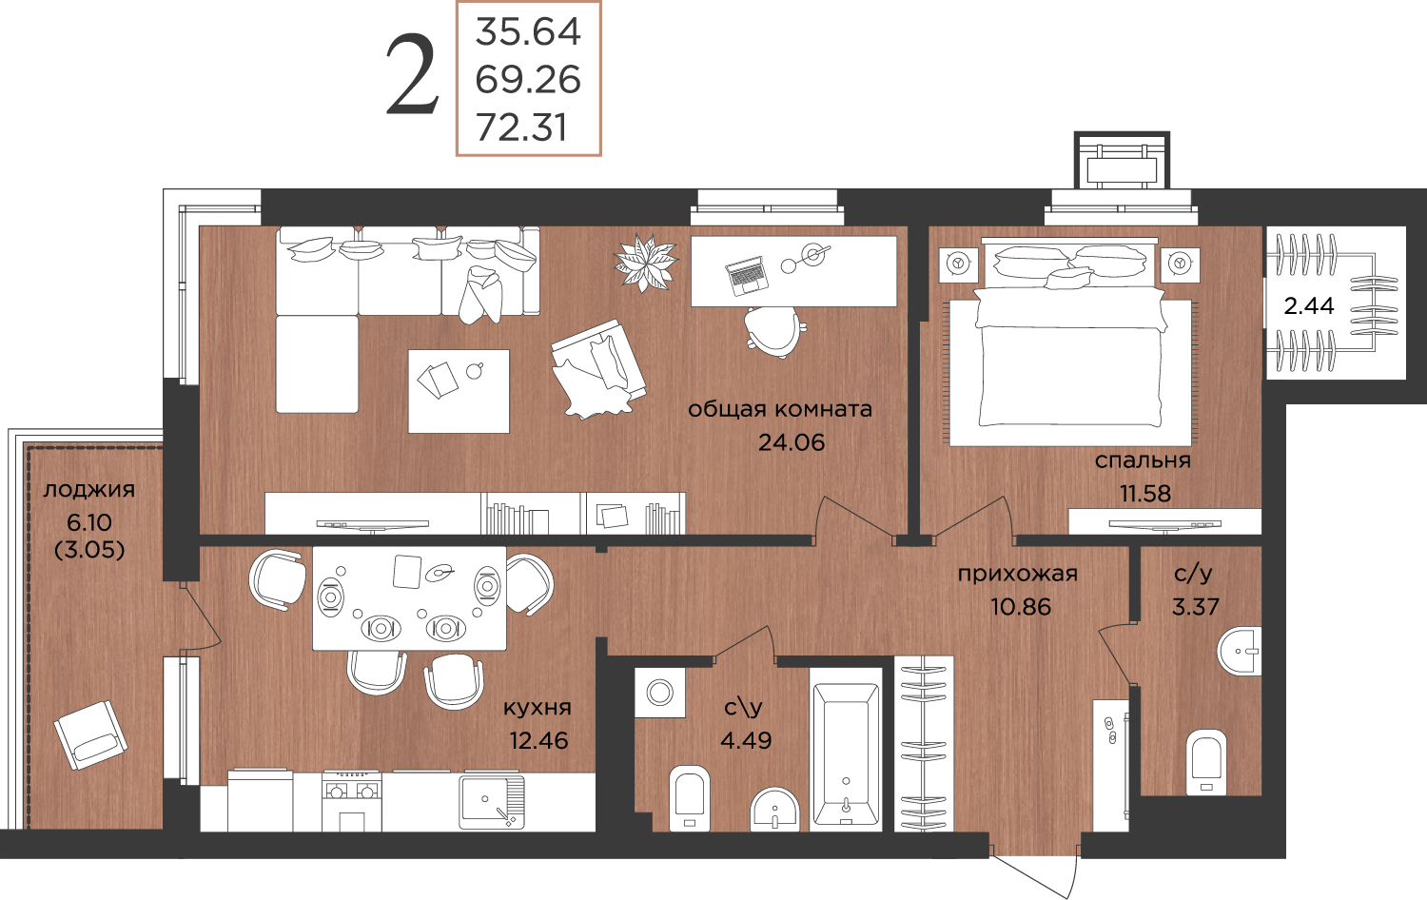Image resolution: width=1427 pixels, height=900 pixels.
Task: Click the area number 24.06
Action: pyautogui.click(x=792, y=442)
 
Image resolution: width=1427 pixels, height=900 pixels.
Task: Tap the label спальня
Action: pyautogui.click(x=1143, y=460)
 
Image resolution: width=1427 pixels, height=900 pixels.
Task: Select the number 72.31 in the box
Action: pyautogui.click(x=521, y=127)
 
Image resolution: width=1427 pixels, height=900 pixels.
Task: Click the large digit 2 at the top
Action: pyautogui.click(x=413, y=76)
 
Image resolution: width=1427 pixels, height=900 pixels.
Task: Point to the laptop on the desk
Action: pyautogui.click(x=747, y=276)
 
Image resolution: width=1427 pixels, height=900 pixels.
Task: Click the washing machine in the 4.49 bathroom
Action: pyautogui.click(x=660, y=693)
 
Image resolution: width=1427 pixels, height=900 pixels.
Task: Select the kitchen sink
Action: pyautogui.click(x=492, y=801)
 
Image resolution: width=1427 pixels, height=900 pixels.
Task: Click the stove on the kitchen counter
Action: pyautogui.click(x=352, y=801)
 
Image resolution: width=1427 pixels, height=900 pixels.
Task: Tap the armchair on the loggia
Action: pyautogui.click(x=91, y=735)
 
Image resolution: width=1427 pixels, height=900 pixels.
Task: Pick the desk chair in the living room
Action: pyautogui.click(x=774, y=332)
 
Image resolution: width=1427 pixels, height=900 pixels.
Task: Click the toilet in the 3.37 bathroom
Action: pyautogui.click(x=1206, y=762)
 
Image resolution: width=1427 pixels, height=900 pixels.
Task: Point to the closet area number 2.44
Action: pyautogui.click(x=1308, y=306)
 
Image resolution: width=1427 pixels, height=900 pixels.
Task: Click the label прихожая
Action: pyautogui.click(x=1017, y=574)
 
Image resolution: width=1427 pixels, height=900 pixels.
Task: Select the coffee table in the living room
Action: pyautogui.click(x=459, y=391)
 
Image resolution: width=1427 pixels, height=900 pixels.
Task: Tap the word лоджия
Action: pyautogui.click(x=89, y=490)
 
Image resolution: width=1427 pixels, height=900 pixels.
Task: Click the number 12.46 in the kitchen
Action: pyautogui.click(x=538, y=740)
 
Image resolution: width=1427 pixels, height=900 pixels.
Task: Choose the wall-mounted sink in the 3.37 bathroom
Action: pyautogui.click(x=1239, y=651)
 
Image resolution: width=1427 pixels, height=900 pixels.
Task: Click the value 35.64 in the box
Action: pyautogui.click(x=528, y=31)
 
